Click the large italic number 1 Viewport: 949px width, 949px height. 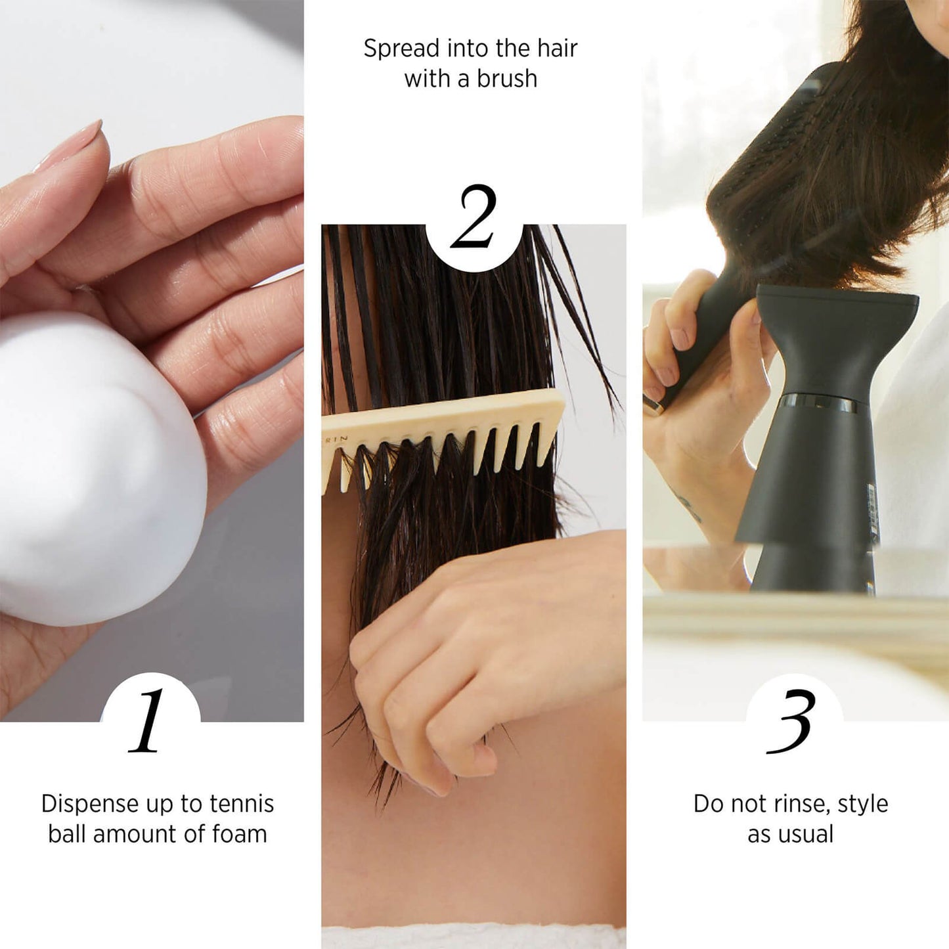click(x=148, y=721)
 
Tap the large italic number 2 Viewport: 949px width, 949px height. click(x=473, y=217)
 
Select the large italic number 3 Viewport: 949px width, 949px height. click(x=791, y=721)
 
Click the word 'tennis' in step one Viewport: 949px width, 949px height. click(x=241, y=804)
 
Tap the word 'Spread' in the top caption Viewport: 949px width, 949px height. click(x=402, y=49)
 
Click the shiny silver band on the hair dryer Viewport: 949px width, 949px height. click(x=820, y=404)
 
